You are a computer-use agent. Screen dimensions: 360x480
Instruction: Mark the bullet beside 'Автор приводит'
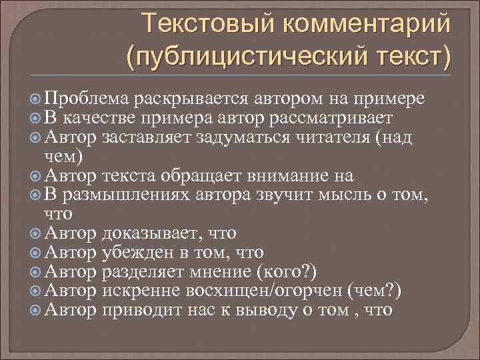37,311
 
